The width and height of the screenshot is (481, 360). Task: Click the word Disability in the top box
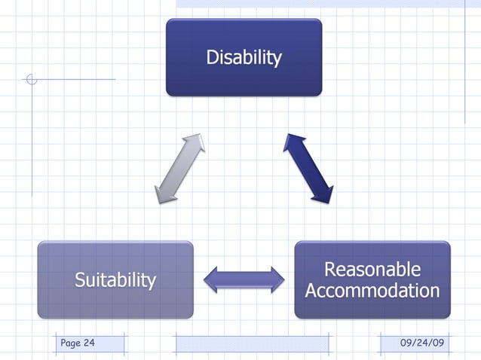[244, 57]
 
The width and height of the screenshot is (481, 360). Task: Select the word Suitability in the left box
[115, 280]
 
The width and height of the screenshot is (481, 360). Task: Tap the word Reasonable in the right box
[372, 270]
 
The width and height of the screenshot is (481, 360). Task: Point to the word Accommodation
[372, 291]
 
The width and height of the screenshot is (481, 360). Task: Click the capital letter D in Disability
[213, 57]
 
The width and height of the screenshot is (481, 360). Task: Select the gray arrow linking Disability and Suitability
[179, 169]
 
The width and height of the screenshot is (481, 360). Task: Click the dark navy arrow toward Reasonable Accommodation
[308, 169]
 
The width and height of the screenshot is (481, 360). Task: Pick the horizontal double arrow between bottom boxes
[244, 279]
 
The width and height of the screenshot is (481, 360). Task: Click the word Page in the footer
[70, 343]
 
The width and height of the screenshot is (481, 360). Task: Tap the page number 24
[89, 343]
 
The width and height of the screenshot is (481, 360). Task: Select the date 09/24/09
[422, 343]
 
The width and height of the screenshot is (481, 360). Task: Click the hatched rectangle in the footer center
[252, 344]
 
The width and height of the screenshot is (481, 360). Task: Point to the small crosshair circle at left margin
[31, 79]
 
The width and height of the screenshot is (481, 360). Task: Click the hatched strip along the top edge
[328, 4]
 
